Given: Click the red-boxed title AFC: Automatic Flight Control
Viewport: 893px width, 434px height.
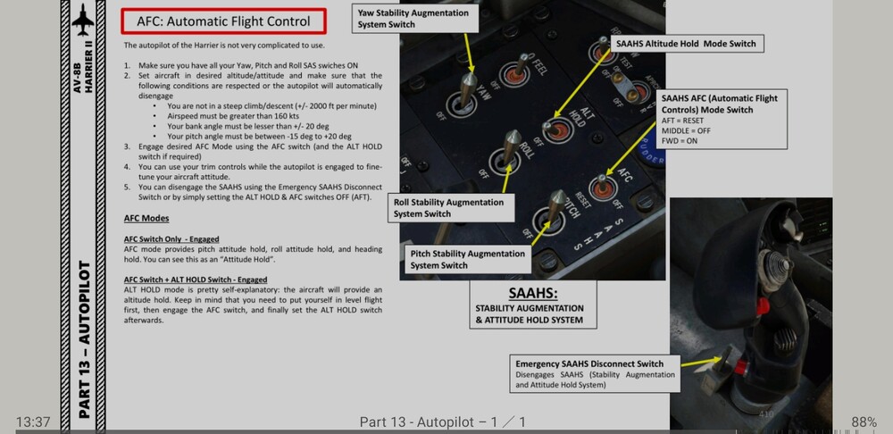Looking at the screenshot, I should [223, 21].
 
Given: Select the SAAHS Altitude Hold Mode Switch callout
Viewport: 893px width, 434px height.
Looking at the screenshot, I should [686, 43].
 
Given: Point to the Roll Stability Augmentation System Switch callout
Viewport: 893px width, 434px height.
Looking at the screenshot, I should [449, 208].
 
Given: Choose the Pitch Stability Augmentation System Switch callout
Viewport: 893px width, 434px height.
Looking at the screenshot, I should [468, 259].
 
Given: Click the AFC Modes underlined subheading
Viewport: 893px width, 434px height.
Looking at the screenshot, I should [147, 219].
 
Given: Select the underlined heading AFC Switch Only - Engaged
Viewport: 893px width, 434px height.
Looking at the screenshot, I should [171, 239].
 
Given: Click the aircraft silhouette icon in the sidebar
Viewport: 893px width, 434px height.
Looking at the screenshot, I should [83, 17].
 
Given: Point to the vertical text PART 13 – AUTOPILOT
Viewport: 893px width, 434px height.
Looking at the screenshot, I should [84, 339].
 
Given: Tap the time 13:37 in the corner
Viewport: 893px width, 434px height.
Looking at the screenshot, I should [32, 421].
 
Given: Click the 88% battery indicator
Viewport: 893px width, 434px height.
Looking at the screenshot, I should [864, 421].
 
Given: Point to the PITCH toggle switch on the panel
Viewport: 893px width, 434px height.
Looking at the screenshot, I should [556, 205].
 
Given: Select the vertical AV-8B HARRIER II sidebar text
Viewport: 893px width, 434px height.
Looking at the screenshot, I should [83, 78].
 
